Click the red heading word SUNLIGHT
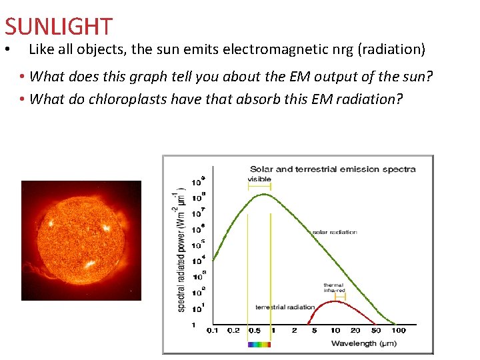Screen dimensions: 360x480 (59, 27)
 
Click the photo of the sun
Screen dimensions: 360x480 (81, 240)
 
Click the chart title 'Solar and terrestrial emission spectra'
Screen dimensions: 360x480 (332, 169)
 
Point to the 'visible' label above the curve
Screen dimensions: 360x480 (259, 179)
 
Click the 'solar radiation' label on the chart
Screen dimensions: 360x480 (334, 232)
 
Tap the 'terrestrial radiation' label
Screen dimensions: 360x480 (285, 307)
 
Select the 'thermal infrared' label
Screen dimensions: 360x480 (334, 288)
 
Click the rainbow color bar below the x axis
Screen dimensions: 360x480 (259, 345)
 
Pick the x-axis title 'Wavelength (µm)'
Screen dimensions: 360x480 (363, 343)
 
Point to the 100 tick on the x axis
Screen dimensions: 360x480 (398, 331)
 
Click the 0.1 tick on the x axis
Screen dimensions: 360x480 (212, 331)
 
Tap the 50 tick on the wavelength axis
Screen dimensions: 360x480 (376, 331)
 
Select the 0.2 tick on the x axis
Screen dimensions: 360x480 (233, 331)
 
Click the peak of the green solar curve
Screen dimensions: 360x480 (264, 194)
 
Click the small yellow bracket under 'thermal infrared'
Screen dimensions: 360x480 (340, 296)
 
